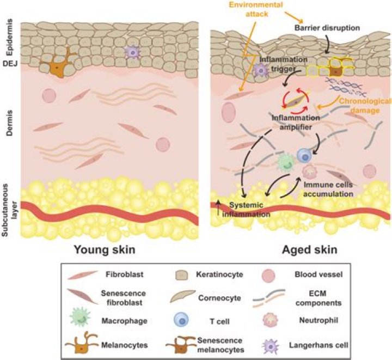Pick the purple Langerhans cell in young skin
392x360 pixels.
132,52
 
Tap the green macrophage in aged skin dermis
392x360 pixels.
285,162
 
